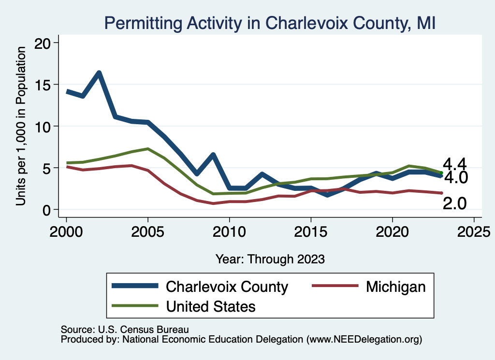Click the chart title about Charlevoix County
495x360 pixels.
[270, 23]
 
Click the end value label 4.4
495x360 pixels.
[455, 164]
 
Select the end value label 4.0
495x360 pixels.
[455, 178]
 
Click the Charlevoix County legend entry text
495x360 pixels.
[227, 287]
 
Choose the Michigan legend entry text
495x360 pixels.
[396, 287]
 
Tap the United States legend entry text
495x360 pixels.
[210, 306]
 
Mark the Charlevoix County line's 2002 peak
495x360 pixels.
[99, 73]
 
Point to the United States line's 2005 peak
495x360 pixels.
[147, 149]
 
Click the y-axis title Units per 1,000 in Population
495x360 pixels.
[21, 126]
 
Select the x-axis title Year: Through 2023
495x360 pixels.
[270, 259]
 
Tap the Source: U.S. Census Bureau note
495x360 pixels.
[124, 329]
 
